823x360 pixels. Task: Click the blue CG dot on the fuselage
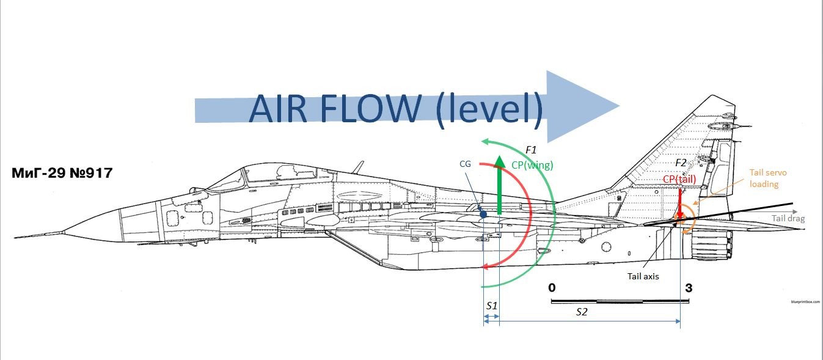pyautogui.click(x=483, y=214)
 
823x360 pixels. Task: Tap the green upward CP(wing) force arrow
pyautogui.click(x=499, y=186)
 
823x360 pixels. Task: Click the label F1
pyautogui.click(x=531, y=150)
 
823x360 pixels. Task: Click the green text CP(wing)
pyautogui.click(x=531, y=164)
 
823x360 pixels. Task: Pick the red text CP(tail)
pyautogui.click(x=679, y=178)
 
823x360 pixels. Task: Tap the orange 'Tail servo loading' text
pyautogui.click(x=768, y=178)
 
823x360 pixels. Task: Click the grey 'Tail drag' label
pyautogui.click(x=788, y=218)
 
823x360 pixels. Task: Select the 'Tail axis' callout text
pyautogui.click(x=643, y=276)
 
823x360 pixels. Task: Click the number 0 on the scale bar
pyautogui.click(x=552, y=287)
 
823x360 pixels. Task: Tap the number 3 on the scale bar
pyautogui.click(x=689, y=288)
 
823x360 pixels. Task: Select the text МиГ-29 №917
pyautogui.click(x=62, y=173)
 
